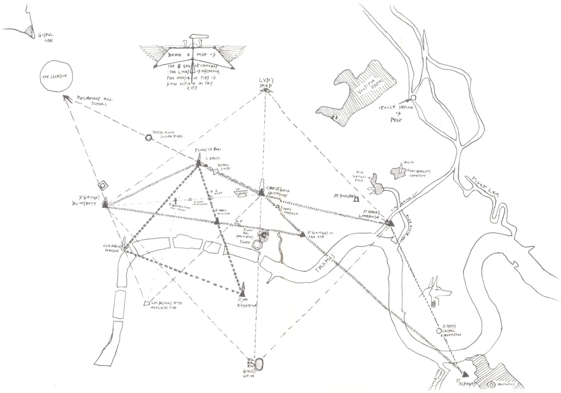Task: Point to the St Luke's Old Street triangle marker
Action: tap(199, 163)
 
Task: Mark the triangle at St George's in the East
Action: tap(302, 234)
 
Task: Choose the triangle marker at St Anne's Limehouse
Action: tap(391, 223)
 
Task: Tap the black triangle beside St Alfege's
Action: tap(465, 375)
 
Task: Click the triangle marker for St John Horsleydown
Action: tap(243, 293)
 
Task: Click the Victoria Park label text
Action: tap(366, 87)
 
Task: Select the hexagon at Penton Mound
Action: tap(149, 138)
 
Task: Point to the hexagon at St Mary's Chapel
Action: tap(438, 331)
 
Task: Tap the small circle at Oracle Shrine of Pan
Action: tap(413, 97)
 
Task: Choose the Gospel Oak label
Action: tap(46, 37)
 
